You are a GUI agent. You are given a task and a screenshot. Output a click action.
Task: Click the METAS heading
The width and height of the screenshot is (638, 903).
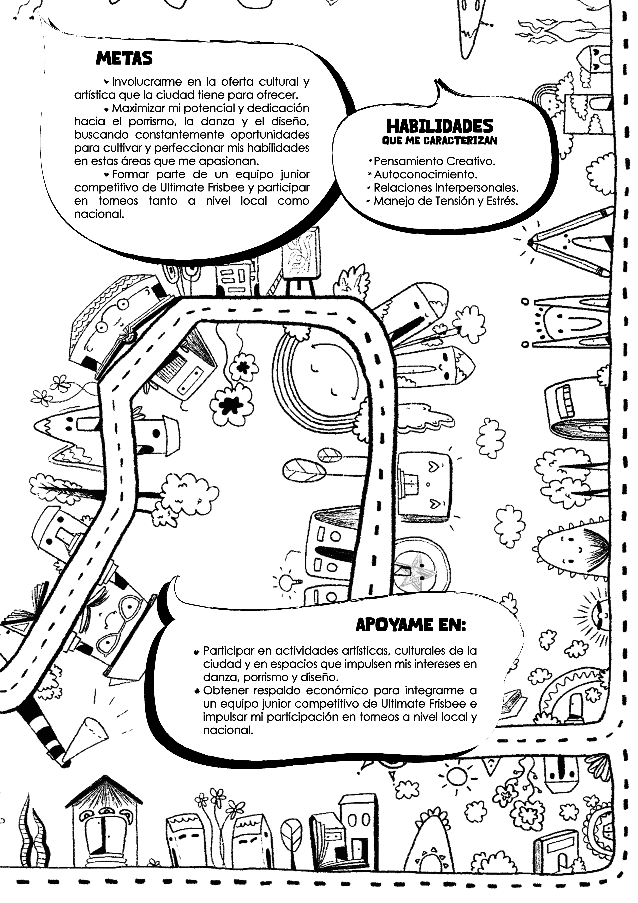pos(124,59)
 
